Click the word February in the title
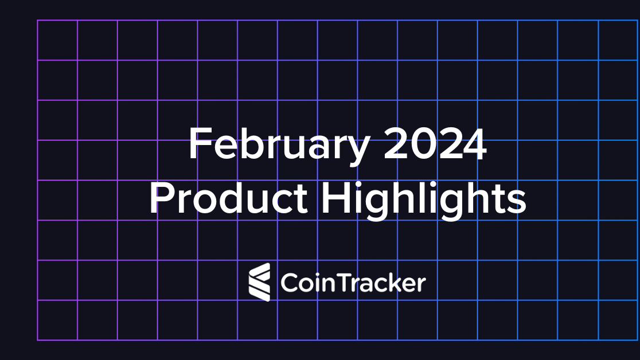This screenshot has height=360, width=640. [x=279, y=146]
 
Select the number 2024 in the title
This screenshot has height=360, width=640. [x=435, y=144]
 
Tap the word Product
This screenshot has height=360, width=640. [x=228, y=199]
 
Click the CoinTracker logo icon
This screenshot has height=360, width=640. [x=259, y=282]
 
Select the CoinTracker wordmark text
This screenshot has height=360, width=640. [x=353, y=283]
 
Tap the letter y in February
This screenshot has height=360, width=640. [x=360, y=150]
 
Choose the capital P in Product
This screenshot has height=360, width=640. [x=160, y=199]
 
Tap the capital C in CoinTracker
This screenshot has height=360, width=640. [x=289, y=283]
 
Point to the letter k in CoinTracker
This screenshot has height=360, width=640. [x=394, y=283]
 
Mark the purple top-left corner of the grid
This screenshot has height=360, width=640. [x=38, y=21]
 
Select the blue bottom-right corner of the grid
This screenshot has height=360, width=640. [x=639, y=340]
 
